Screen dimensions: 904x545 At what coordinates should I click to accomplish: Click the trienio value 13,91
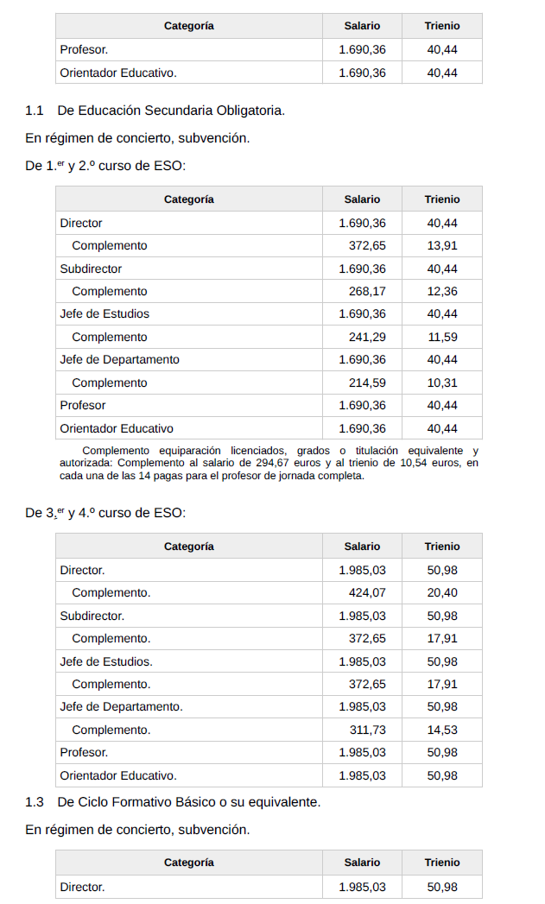pyautogui.click(x=442, y=246)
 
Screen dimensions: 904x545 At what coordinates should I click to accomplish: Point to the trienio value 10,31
pyautogui.click(x=442, y=383)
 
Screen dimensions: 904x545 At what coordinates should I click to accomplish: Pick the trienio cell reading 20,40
pyautogui.click(x=442, y=593)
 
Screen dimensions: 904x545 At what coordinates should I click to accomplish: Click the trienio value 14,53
pyautogui.click(x=442, y=730)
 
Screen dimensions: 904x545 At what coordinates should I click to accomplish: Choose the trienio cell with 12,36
pyautogui.click(x=442, y=292)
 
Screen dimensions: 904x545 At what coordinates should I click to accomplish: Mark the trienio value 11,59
pyautogui.click(x=442, y=338)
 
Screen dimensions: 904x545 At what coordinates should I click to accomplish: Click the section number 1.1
pyautogui.click(x=35, y=111)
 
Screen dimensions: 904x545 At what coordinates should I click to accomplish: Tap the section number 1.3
pyautogui.click(x=35, y=802)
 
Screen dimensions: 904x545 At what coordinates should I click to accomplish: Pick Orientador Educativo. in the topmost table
pyautogui.click(x=118, y=73)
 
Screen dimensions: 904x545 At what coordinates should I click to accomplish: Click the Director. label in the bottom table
pyautogui.click(x=82, y=888)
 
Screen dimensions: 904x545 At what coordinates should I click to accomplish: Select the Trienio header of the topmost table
pyautogui.click(x=442, y=26)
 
